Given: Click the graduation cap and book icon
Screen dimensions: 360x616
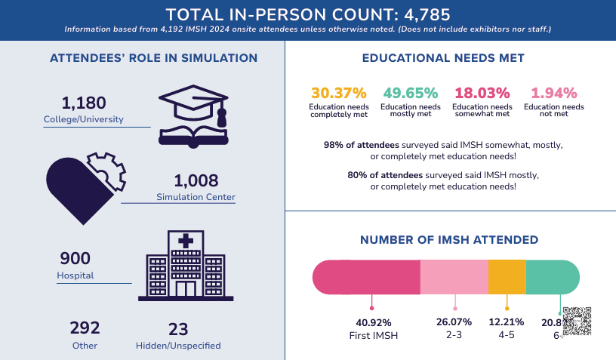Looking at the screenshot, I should click(192, 117).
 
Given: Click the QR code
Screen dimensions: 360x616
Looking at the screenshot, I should click(577, 322).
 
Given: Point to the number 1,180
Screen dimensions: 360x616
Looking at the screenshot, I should click(84, 103).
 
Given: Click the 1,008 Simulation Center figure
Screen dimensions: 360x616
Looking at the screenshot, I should click(196, 181).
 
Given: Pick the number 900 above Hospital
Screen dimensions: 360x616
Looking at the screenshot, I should click(75, 259).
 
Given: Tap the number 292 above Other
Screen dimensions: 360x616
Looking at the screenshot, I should click(85, 328).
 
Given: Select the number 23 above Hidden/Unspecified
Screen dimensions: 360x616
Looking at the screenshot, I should click(178, 328).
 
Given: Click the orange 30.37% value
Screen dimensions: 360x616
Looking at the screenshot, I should click(339, 94).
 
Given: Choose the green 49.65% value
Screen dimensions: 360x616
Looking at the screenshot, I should click(411, 94).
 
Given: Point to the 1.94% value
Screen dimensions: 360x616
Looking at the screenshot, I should click(554, 94).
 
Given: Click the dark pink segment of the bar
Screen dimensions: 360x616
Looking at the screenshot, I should click(367, 277).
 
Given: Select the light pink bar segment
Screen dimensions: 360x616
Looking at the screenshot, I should click(454, 277).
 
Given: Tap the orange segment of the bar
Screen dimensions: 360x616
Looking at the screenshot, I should click(507, 277).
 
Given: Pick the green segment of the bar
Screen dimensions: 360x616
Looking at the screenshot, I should click(552, 277).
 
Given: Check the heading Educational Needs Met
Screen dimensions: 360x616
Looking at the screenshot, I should click(443, 58).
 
